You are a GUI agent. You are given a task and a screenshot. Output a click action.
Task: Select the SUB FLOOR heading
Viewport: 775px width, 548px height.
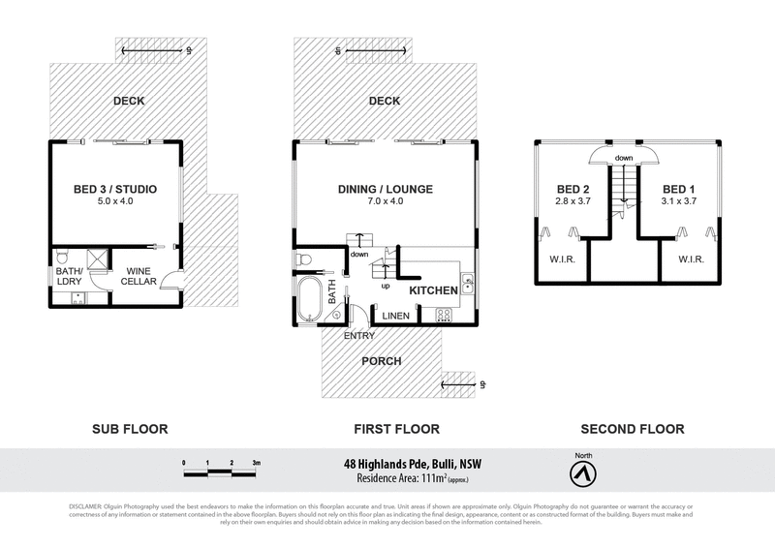130,429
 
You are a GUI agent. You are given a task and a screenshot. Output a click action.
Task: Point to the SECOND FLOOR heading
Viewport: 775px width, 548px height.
632,429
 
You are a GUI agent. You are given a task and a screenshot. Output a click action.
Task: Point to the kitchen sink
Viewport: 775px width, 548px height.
467,283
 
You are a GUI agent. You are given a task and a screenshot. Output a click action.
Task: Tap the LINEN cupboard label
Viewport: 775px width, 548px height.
394,317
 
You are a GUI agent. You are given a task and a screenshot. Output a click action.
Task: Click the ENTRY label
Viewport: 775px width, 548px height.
359,336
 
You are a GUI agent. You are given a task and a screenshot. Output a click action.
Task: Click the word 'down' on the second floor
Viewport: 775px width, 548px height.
623,158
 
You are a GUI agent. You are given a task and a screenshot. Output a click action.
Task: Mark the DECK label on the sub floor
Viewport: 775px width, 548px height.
128,100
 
